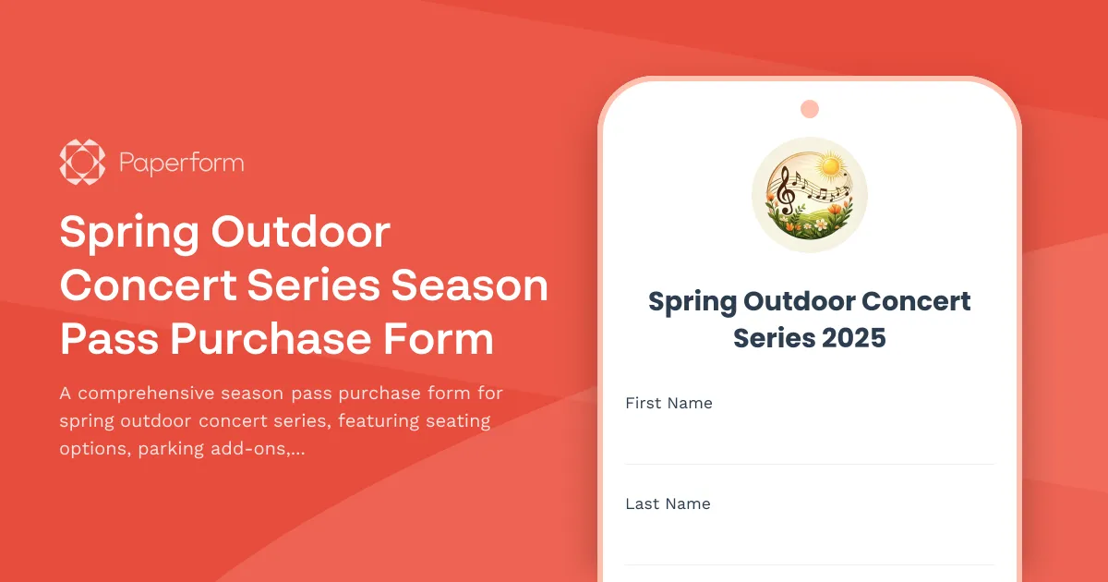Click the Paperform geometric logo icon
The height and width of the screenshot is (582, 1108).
coord(82,163)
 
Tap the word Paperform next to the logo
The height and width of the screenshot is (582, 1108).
coord(181,164)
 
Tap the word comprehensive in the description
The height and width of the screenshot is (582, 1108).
coord(148,394)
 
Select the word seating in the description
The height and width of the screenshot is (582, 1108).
coord(457,421)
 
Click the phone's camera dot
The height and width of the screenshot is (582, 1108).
coord(810,109)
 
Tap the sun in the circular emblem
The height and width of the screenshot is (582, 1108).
coord(832,165)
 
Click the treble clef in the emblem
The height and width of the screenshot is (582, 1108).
coord(787,190)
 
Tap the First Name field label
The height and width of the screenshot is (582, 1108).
coord(668,403)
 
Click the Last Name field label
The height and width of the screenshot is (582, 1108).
coord(668,503)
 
